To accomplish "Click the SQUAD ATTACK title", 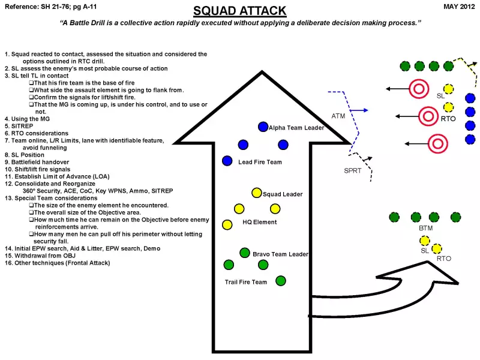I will [x=239, y=11].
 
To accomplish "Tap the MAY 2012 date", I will [x=459, y=7].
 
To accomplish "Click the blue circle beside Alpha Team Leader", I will [x=263, y=127].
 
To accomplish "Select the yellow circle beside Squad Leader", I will [x=257, y=193].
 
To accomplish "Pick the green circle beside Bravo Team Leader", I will [x=245, y=253].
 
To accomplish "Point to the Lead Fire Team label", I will [x=260, y=162].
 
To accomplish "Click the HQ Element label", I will [x=260, y=222].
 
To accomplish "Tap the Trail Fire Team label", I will [x=246, y=282].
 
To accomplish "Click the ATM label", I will [x=338, y=116].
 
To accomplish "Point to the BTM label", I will [x=425, y=229].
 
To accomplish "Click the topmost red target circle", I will [x=418, y=89].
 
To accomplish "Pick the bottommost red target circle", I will [x=437, y=143].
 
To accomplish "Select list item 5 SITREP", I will [x=18, y=126].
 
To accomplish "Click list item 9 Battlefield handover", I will [x=37, y=162].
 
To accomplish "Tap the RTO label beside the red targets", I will [x=448, y=119].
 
